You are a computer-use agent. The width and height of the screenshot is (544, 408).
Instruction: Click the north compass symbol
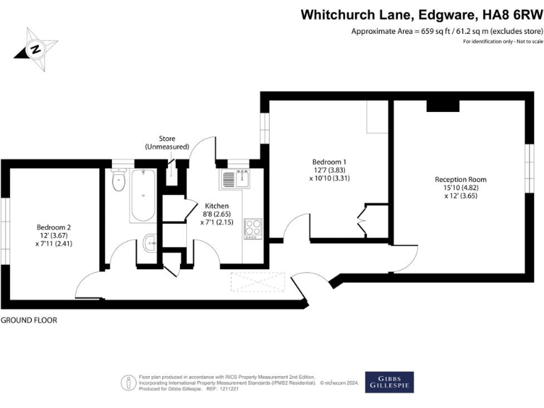pos(35,49)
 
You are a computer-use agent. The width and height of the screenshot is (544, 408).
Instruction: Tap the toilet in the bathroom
pos(118,182)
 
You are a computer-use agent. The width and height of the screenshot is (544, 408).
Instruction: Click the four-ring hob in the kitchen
pos(253,227)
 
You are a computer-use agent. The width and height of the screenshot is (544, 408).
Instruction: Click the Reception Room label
pos(460,180)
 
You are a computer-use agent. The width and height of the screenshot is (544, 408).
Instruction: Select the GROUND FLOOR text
pos(29,320)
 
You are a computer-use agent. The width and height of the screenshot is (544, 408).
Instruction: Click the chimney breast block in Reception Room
pos(443,106)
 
